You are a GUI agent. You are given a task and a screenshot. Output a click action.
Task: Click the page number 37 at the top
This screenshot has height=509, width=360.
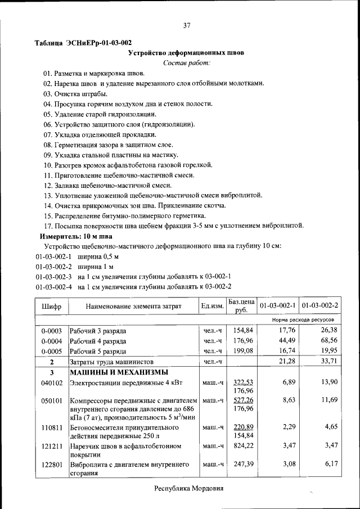click(187, 25)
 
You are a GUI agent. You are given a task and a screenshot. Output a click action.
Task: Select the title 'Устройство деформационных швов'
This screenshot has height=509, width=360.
click(187, 53)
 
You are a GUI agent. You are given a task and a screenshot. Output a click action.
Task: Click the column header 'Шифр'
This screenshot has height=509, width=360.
click(51, 306)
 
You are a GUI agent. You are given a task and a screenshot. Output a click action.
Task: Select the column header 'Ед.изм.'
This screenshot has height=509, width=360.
click(212, 306)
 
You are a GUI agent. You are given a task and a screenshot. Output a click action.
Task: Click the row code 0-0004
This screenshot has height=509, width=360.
click(51, 341)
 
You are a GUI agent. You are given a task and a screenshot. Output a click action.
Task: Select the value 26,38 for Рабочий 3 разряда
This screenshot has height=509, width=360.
click(327, 330)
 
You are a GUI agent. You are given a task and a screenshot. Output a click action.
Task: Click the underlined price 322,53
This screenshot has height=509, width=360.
click(244, 382)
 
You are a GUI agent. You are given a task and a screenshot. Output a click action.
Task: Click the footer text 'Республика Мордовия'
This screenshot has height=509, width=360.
click(189, 488)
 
